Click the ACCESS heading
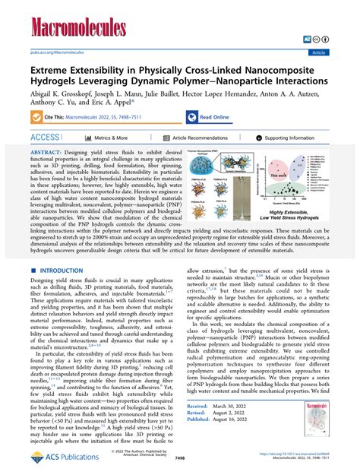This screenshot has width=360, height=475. pos(45,138)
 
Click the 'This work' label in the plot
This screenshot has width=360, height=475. pos(279,174)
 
